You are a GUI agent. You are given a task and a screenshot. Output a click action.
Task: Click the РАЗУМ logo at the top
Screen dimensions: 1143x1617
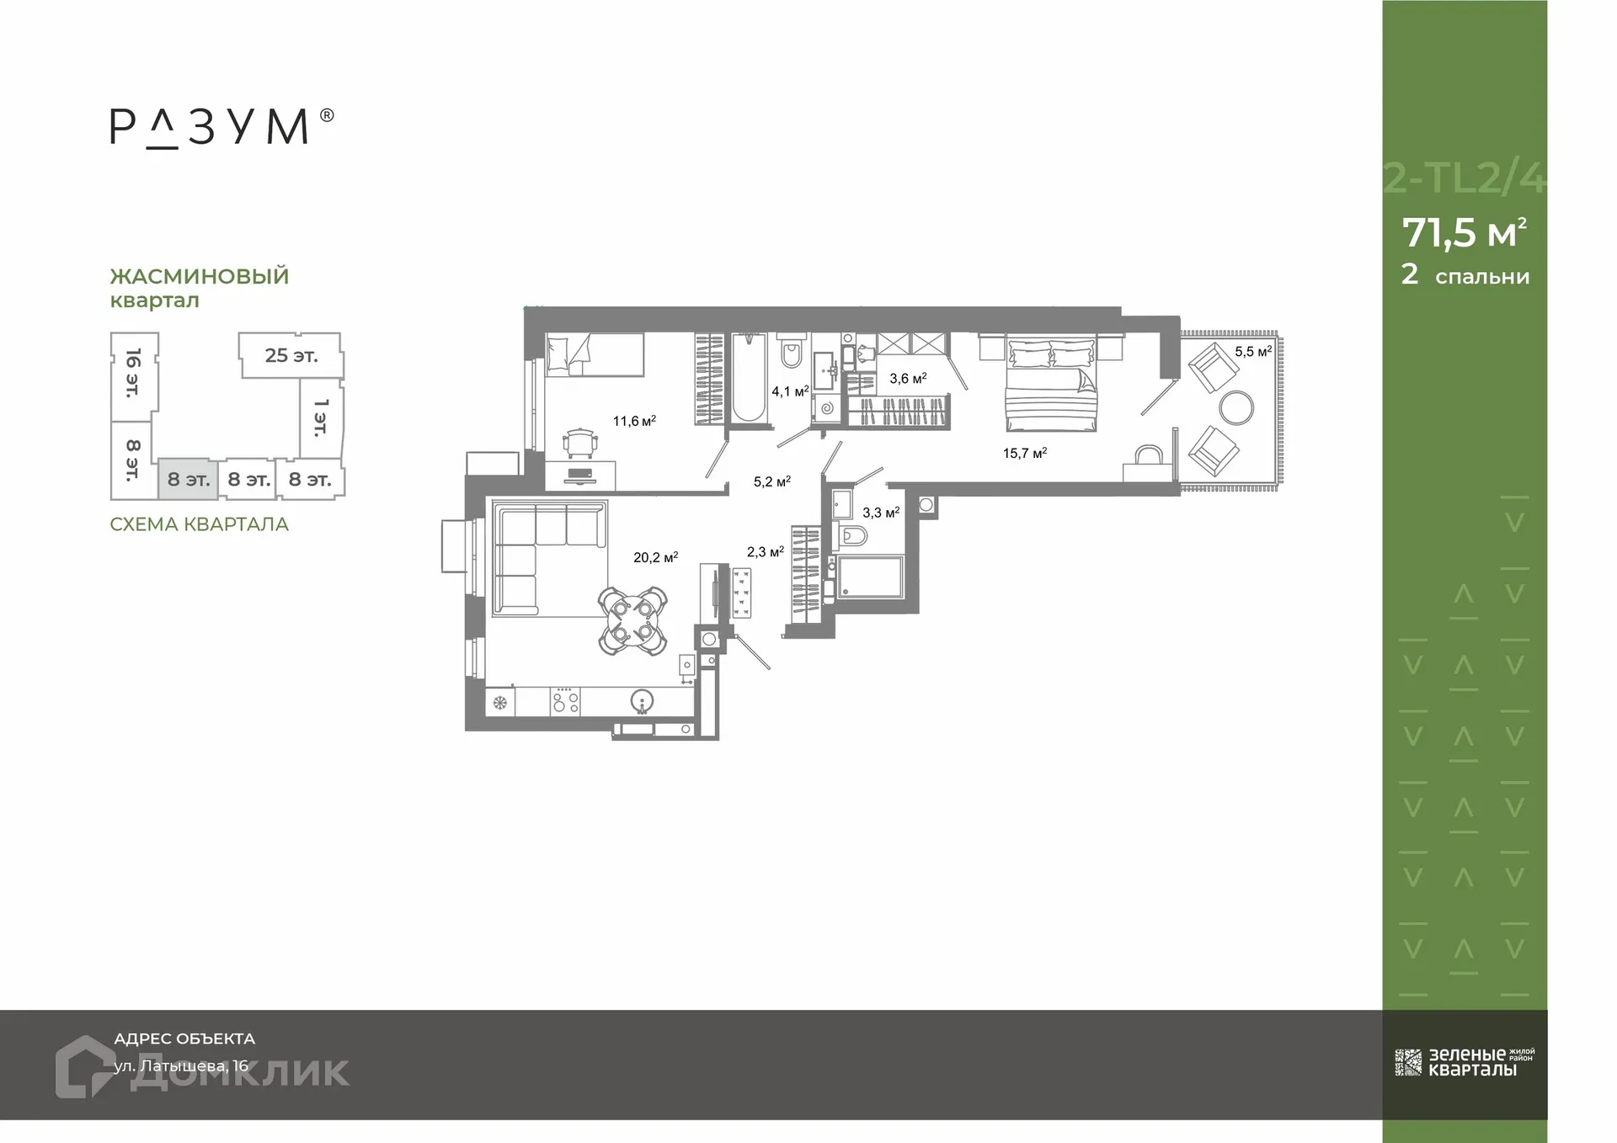(221, 128)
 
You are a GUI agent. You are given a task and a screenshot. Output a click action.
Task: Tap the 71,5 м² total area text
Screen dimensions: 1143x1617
(1464, 233)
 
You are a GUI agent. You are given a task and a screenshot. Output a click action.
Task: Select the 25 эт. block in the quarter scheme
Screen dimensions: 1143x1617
(291, 355)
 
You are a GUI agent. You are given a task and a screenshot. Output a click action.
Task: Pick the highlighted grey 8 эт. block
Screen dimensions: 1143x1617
(188, 480)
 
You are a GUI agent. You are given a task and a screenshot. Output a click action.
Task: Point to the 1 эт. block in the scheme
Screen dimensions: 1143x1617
(321, 417)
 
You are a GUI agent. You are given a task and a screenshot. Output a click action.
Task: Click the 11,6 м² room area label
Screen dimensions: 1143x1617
(633, 421)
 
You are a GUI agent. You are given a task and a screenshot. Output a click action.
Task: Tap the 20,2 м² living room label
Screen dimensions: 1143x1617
(655, 557)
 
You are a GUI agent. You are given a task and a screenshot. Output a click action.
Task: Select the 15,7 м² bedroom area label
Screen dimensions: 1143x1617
(1024, 453)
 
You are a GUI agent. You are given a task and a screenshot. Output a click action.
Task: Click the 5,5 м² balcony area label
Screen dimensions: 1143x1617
(1252, 352)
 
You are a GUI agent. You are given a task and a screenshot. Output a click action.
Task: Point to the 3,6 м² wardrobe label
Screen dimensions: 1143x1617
(908, 379)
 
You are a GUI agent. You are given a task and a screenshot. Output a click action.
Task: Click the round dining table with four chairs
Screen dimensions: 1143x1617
(632, 619)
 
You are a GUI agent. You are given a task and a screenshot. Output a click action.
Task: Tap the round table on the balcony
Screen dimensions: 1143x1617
(1235, 408)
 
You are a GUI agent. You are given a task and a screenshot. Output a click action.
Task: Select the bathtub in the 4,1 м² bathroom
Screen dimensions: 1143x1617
(748, 380)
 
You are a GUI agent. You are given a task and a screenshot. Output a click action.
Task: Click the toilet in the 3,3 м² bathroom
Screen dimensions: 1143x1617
(853, 536)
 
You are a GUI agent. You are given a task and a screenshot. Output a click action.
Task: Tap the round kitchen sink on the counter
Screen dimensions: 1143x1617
(642, 700)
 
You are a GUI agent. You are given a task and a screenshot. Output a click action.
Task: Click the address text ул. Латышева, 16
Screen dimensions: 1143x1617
(182, 1066)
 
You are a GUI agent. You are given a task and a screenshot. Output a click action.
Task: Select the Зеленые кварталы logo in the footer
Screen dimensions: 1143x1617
(1465, 1062)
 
